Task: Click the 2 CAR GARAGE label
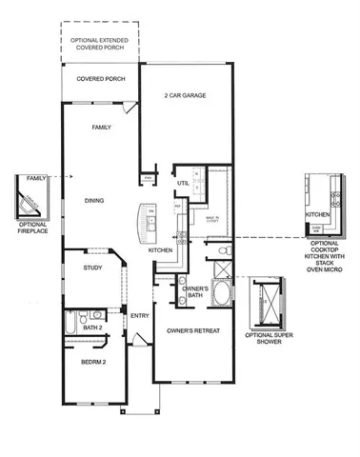(187, 95)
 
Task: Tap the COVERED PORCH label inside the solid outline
(101, 79)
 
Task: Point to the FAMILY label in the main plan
(102, 127)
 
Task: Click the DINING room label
(93, 200)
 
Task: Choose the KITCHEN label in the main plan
(159, 249)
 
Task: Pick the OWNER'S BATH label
(195, 291)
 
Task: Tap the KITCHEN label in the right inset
(317, 216)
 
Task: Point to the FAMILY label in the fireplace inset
(36, 178)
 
